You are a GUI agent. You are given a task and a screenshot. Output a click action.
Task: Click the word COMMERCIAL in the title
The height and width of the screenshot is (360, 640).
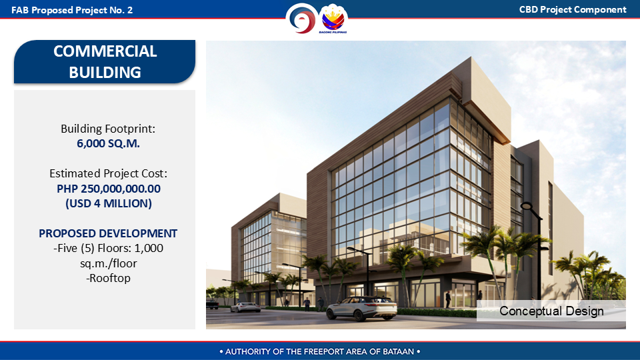pos(105,51)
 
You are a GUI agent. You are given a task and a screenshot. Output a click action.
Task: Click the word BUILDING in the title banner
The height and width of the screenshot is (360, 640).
pos(105,73)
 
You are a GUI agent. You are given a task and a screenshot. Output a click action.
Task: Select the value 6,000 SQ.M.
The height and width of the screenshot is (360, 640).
pos(108,144)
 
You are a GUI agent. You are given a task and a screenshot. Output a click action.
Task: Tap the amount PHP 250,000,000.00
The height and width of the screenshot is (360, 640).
pos(109,189)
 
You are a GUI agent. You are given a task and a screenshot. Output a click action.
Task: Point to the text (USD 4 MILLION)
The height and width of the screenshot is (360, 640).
pos(109,203)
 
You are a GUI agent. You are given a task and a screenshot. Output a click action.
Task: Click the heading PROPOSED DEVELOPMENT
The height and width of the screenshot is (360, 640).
pos(108,233)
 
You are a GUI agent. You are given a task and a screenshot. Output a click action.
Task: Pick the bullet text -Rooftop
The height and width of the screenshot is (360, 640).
pos(108,278)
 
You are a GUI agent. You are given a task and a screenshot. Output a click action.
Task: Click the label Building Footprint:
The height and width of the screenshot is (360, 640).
pos(108,129)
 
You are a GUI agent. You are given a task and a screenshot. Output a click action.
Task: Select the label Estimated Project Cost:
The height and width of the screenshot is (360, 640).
pos(108,173)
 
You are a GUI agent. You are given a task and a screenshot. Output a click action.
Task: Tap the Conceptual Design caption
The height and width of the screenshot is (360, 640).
pos(551,311)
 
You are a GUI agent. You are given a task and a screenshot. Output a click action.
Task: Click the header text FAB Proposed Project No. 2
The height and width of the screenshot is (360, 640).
pos(72,10)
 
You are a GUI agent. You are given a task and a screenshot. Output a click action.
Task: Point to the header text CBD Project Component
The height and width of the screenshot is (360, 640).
pos(573,10)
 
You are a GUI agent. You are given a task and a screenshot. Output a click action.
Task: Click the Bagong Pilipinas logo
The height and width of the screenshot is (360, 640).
pos(333,19)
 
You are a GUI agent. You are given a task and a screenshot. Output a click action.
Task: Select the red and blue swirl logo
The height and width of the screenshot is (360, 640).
pos(301,19)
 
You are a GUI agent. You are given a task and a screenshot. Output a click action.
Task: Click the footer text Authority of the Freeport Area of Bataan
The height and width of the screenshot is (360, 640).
pos(320,351)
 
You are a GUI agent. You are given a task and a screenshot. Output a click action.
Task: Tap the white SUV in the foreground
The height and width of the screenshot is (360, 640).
pos(361,308)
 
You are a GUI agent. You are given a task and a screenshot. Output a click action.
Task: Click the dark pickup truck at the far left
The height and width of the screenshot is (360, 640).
pos(212,304)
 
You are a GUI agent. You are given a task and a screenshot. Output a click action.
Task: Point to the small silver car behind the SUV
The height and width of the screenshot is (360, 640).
pos(245,307)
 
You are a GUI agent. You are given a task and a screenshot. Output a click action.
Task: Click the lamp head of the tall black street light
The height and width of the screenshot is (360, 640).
pos(527,205)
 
